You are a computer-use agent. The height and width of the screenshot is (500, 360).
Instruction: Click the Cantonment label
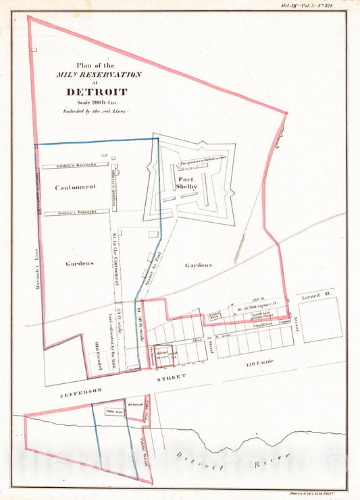[x=74, y=187]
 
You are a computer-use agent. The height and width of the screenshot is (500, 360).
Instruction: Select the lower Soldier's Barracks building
[x=76, y=212]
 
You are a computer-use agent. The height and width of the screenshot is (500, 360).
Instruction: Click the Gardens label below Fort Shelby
[x=199, y=265]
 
